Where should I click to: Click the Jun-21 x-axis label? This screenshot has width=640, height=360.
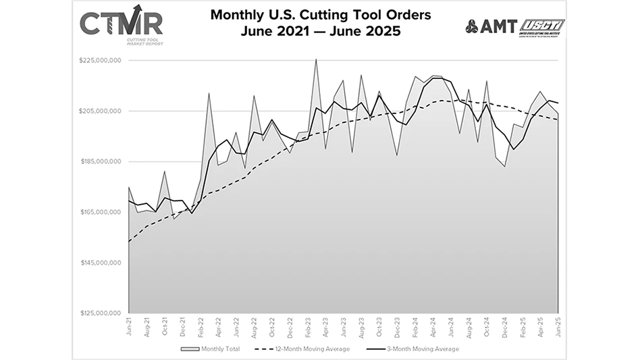pyautogui.click(x=128, y=327)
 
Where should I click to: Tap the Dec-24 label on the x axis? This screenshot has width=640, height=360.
pyautogui.click(x=504, y=327)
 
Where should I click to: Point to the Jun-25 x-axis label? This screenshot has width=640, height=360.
pyautogui.click(x=558, y=327)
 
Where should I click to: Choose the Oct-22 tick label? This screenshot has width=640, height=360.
pyautogui.click(x=271, y=327)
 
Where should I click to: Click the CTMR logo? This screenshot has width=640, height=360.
pyautogui.click(x=121, y=26)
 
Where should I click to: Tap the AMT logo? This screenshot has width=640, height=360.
pyautogui.click(x=491, y=27)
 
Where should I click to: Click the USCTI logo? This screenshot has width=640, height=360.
pyautogui.click(x=541, y=27)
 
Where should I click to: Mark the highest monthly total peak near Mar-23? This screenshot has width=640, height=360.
pyautogui.click(x=315, y=59)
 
